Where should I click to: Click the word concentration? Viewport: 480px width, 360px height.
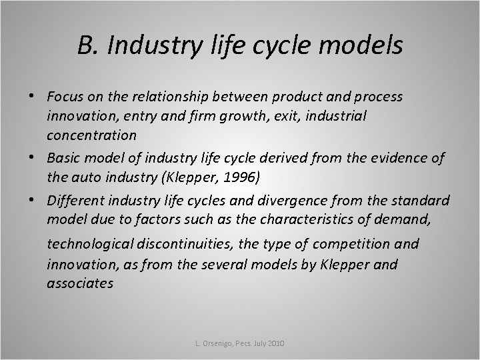point(92,135)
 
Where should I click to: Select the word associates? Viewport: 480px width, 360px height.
point(80,283)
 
